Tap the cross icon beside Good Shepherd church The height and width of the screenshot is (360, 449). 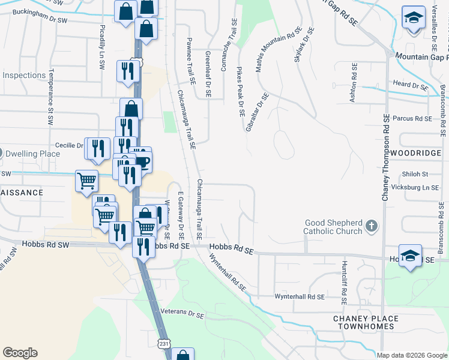click(372, 226)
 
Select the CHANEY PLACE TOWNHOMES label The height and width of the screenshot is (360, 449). click(366, 322)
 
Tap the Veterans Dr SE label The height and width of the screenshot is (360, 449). click(182, 313)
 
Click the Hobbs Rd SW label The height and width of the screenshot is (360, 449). click(46, 245)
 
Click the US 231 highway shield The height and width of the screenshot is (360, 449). click(164, 343)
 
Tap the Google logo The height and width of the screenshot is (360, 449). click(20, 353)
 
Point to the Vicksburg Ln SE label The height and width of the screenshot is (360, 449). click(414, 188)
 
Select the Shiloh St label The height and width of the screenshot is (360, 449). click(415, 174)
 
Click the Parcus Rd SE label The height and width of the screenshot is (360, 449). click(412, 119)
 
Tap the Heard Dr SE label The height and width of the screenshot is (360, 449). click(410, 85)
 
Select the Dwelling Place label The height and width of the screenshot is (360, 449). click(33, 154)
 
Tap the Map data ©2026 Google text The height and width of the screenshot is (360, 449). click(411, 355)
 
